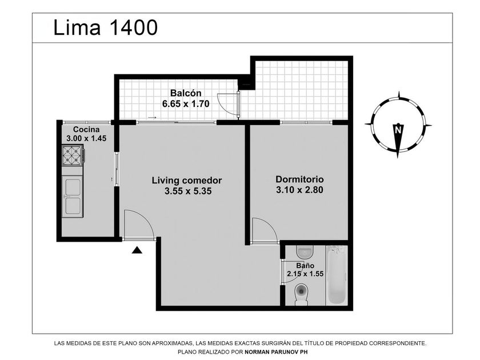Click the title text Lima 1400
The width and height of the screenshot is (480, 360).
(x=106, y=27)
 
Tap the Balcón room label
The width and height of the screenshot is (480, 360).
(x=186, y=93)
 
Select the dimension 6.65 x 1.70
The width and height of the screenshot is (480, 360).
(x=186, y=104)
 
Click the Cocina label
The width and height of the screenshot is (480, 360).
(x=86, y=129)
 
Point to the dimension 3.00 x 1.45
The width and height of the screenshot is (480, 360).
(x=86, y=138)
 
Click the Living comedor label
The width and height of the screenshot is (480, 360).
(x=187, y=180)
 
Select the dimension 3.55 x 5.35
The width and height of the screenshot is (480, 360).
(x=188, y=191)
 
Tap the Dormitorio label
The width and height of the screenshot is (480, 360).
(x=299, y=179)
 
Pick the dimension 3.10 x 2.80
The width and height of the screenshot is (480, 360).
(x=299, y=190)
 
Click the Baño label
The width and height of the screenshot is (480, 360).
(x=305, y=266)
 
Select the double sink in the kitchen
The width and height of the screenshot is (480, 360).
(x=72, y=196)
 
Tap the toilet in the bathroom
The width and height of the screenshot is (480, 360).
(x=302, y=294)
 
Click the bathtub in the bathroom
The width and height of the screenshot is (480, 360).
(x=336, y=275)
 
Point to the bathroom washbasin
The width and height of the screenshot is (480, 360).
(x=304, y=252)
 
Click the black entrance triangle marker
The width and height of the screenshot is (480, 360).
(x=137, y=250)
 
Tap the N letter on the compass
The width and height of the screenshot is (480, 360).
(x=398, y=130)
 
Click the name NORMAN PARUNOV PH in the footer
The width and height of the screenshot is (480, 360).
(x=276, y=352)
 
